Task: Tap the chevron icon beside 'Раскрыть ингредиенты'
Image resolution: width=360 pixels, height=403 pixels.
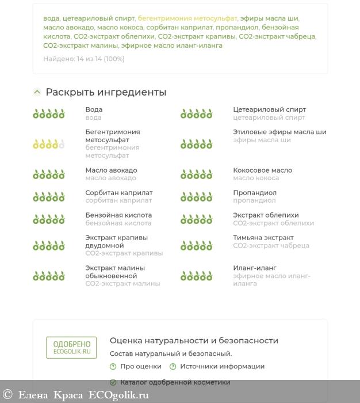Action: [37, 92]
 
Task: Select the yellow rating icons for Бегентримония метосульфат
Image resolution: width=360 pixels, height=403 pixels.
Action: [49, 144]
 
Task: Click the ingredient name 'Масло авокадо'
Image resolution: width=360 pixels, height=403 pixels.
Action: [111, 170]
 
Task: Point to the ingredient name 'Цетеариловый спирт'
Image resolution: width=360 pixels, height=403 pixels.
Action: [269, 109]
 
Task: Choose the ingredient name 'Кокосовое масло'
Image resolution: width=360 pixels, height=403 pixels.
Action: [262, 170]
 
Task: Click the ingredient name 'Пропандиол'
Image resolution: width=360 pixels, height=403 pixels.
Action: [255, 193]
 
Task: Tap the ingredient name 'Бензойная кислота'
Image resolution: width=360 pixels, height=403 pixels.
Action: [118, 215]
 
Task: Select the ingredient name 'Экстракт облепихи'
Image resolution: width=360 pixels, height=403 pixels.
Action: [266, 215]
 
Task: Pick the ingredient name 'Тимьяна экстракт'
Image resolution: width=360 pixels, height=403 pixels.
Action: [263, 238]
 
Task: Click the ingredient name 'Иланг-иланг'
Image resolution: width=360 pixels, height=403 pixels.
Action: [255, 268]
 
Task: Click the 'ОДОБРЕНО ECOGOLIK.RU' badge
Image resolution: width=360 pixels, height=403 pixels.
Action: [71, 348]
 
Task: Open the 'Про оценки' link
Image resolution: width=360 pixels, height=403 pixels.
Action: [140, 367]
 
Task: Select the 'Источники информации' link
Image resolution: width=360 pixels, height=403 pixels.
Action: [222, 367]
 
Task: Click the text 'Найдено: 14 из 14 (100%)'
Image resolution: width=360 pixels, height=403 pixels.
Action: [83, 59]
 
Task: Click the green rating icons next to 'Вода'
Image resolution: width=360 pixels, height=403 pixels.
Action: [49, 113]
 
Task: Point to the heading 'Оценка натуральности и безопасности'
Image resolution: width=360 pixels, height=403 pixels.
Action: [194, 341]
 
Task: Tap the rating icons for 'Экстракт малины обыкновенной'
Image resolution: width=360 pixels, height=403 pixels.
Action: [49, 276]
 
